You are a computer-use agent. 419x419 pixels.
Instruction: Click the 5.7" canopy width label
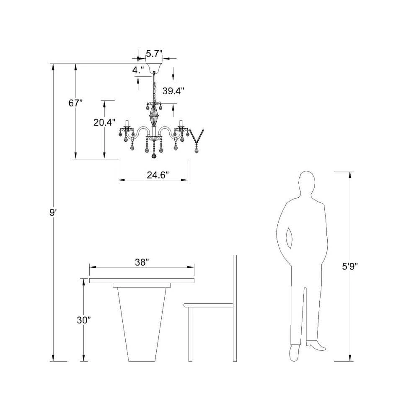[154, 54]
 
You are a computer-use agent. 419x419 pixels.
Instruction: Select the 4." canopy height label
[138, 70]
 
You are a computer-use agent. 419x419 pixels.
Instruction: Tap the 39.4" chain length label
[173, 91]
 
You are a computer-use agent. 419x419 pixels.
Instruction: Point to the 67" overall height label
[75, 103]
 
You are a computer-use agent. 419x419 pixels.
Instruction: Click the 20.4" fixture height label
[104, 122]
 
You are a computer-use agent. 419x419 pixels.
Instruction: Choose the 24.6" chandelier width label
[158, 175]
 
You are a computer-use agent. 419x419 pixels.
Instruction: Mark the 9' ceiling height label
[53, 213]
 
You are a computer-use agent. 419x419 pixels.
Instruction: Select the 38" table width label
[142, 262]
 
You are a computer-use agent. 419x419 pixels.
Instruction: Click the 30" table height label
[84, 320]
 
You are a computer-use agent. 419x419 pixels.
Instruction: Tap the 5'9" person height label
[350, 266]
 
